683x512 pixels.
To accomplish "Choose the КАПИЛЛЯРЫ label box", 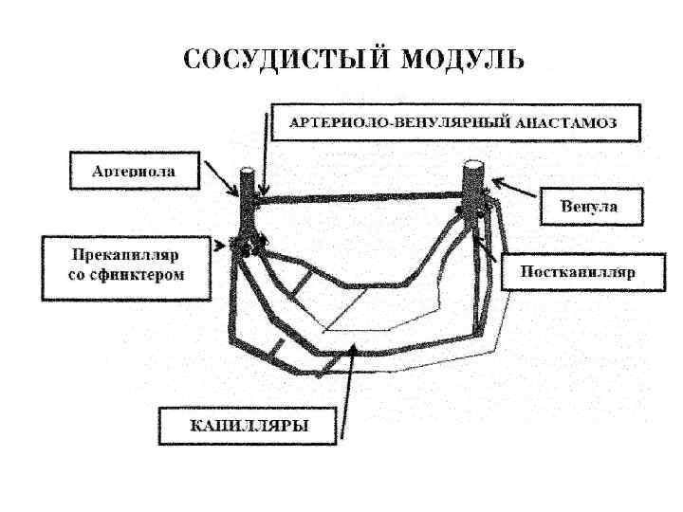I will coord(249,425).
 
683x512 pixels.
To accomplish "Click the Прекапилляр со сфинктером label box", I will coord(126,268).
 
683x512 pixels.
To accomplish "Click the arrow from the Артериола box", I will coord(221,180).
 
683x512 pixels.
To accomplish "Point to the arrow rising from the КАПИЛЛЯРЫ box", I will coord(348,389).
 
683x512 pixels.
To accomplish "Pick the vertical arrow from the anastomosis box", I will coord(267,152).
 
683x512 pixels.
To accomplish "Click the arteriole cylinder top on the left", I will coord(247,174).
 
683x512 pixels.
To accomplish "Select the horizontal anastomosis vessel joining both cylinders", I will coord(360,197).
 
